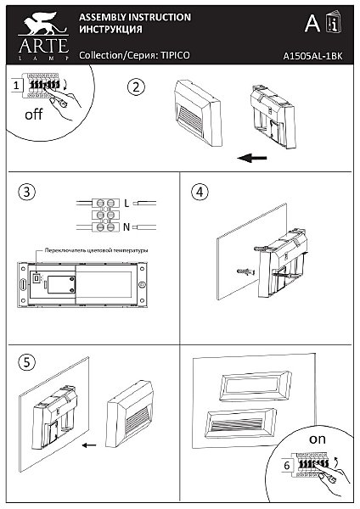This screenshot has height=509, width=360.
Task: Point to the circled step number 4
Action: (x=200, y=191)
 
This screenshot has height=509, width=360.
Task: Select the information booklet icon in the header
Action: (x=334, y=22)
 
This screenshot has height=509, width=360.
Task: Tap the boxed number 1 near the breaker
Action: (x=17, y=86)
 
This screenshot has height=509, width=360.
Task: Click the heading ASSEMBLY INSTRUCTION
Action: (x=134, y=17)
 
